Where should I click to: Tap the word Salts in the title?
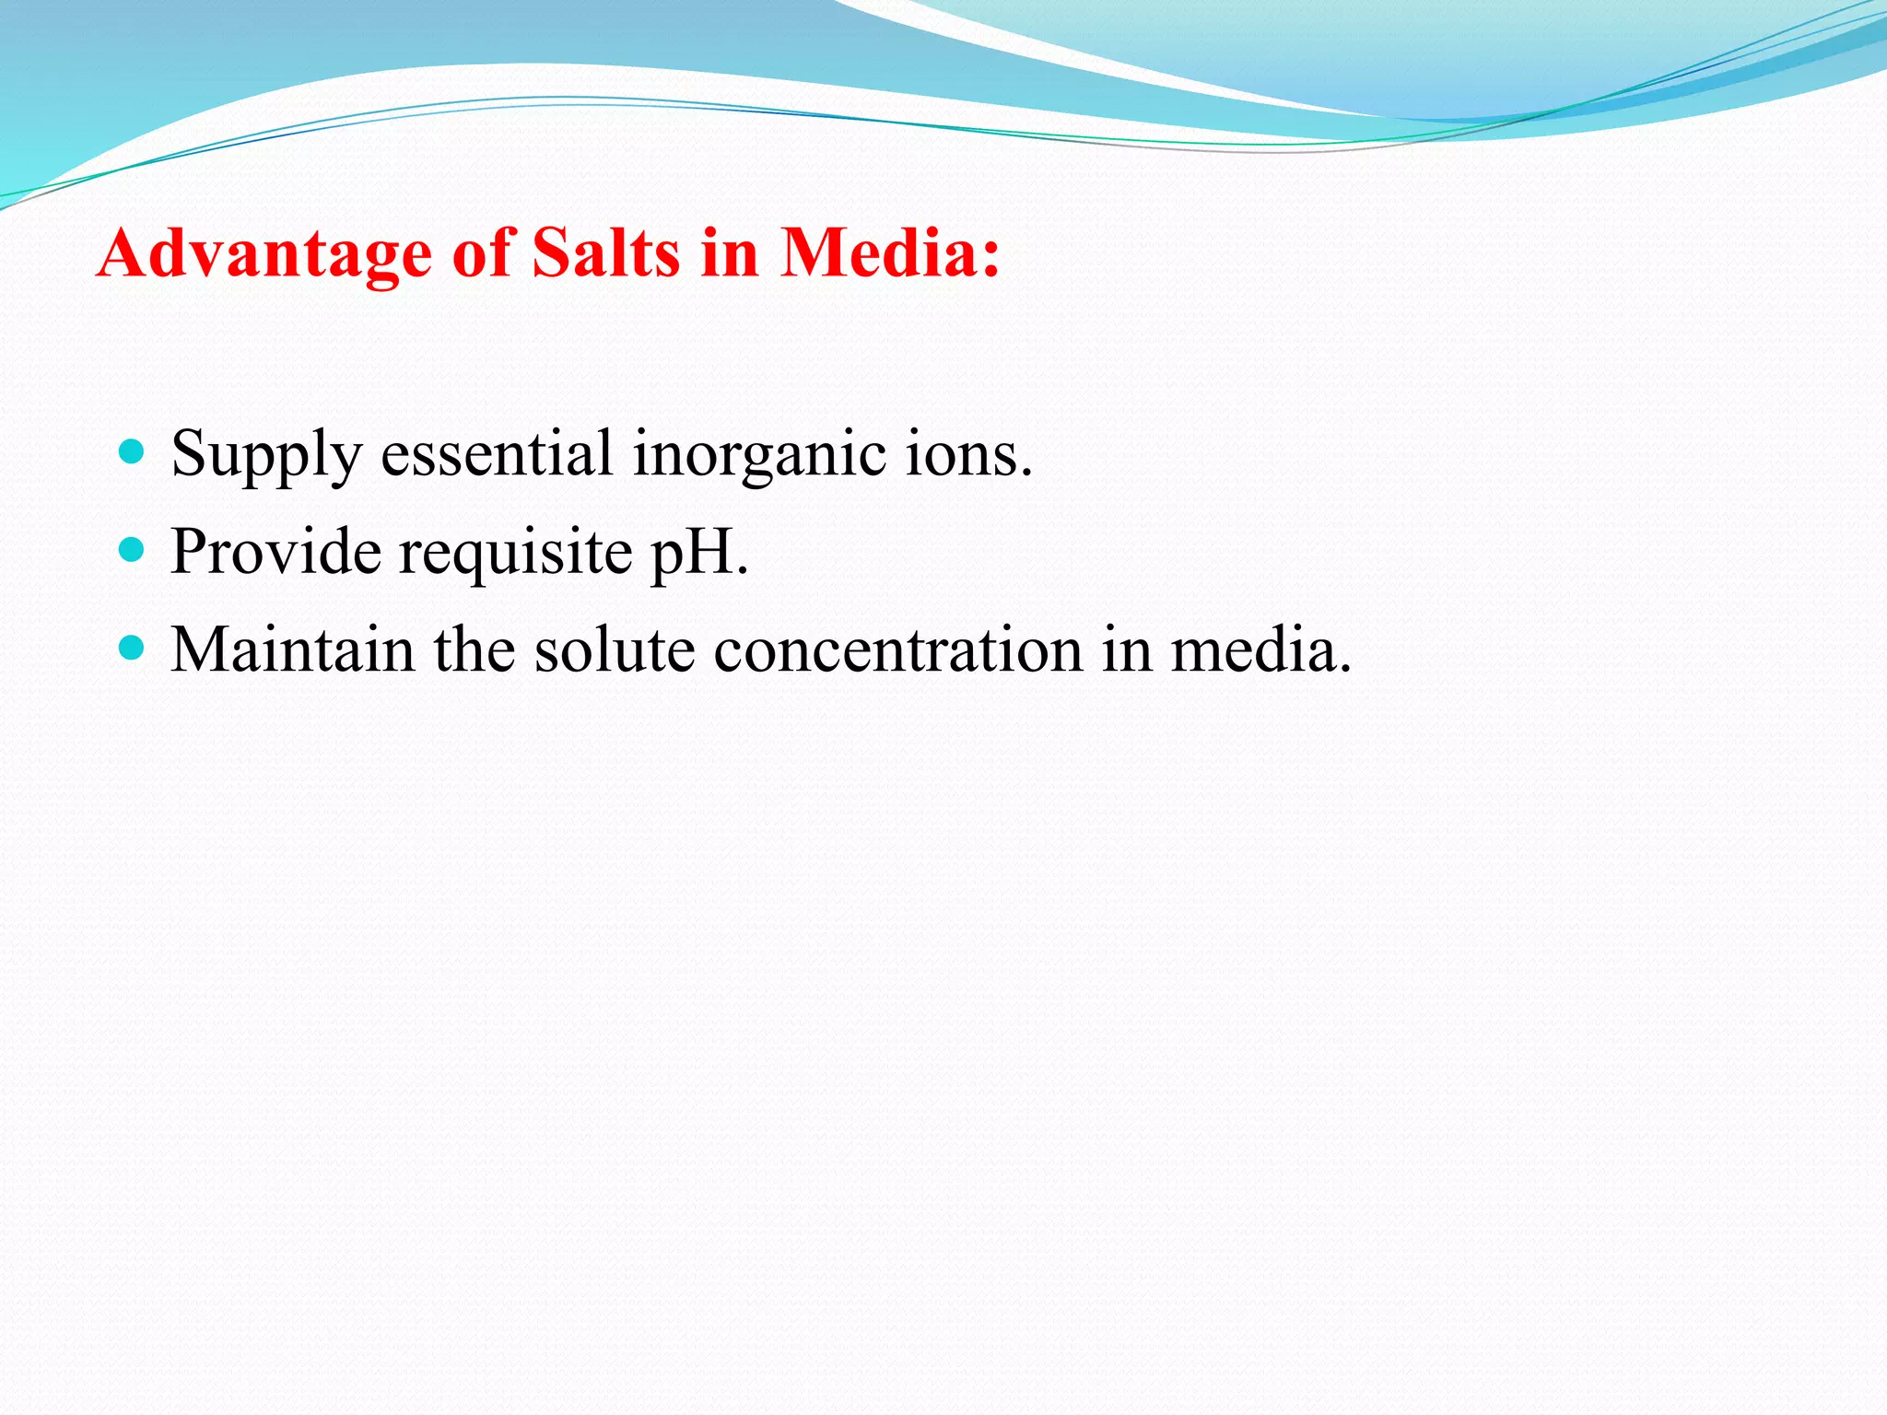tap(605, 252)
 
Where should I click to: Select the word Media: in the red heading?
tap(890, 252)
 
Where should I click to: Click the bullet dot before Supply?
tap(133, 452)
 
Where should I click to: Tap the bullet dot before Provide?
tap(133, 551)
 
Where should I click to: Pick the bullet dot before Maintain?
tap(133, 649)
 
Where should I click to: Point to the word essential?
tap(497, 453)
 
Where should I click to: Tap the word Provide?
tap(275, 552)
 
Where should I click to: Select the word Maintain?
tap(292, 649)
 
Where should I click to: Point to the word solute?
tap(614, 649)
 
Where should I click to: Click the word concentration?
tap(898, 649)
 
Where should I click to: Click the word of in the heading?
tap(482, 252)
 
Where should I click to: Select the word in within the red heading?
tap(729, 252)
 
